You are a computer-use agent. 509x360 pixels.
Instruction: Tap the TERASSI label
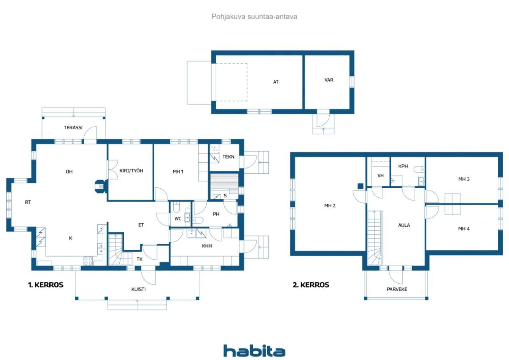(x=73, y=128)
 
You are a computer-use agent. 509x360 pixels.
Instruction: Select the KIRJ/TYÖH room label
(x=131, y=171)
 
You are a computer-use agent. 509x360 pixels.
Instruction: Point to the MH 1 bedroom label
(x=178, y=171)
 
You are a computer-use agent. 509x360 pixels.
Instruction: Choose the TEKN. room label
(x=229, y=157)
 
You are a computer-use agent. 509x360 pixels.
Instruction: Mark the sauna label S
(x=225, y=195)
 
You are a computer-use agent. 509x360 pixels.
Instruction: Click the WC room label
(x=178, y=219)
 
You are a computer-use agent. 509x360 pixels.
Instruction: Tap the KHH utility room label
(x=207, y=246)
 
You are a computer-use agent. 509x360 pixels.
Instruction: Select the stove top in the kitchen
(x=88, y=261)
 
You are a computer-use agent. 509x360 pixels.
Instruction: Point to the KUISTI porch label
(x=138, y=289)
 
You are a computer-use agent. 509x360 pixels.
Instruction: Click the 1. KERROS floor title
(x=46, y=284)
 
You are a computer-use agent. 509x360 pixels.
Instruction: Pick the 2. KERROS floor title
(x=311, y=284)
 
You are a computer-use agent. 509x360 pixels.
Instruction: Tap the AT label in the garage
(x=276, y=82)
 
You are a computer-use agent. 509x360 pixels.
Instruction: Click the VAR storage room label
(x=329, y=80)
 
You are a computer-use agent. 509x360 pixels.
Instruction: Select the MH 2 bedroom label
(x=330, y=206)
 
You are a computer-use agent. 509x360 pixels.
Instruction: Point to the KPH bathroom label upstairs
(x=403, y=166)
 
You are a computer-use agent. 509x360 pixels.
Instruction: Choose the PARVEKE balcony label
(x=397, y=289)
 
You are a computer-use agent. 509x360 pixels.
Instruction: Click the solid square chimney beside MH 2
(x=360, y=186)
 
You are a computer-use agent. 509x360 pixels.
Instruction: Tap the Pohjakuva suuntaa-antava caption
(x=254, y=17)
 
